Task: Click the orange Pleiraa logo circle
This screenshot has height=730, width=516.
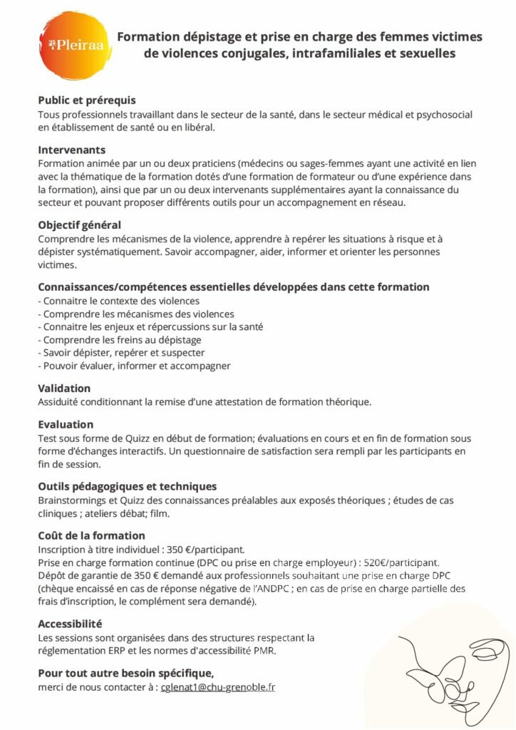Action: [x=74, y=46]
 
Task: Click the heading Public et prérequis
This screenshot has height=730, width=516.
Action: [x=86, y=101]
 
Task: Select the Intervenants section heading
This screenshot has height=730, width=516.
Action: [x=71, y=150]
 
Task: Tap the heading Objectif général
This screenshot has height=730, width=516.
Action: [x=79, y=225]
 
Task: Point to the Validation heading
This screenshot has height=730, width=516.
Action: [x=64, y=389]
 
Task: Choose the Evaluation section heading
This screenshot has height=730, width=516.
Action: [x=66, y=424]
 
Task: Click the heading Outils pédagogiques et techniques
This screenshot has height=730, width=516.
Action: [x=127, y=486]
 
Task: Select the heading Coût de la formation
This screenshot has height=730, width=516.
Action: [x=91, y=535]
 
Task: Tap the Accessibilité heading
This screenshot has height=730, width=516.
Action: [x=70, y=623]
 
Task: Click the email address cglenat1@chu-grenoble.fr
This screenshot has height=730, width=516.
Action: [x=218, y=687]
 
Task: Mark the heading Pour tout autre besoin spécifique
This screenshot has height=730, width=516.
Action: [x=125, y=673]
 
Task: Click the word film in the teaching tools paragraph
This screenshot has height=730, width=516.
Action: [x=160, y=513]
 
